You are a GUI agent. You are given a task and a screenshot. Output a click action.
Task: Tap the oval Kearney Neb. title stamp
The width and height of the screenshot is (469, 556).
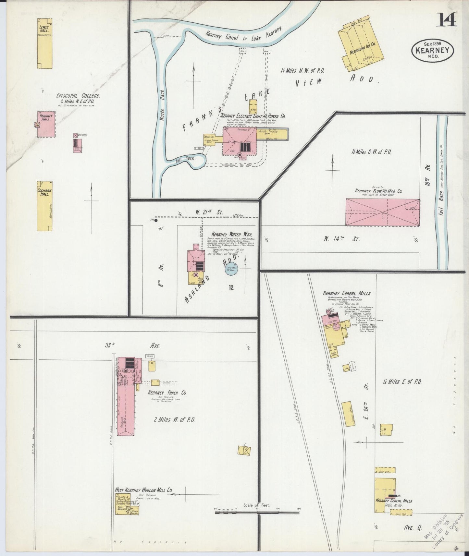(433, 50)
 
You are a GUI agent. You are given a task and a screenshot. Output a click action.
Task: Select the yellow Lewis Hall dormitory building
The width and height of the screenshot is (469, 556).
(44, 43)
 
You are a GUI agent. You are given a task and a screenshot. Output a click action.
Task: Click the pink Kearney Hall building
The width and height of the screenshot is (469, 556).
(46, 125)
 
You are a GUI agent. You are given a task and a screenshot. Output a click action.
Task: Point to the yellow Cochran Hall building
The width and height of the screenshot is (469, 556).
(44, 206)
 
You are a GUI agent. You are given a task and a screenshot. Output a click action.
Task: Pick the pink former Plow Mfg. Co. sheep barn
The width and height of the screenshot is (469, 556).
(382, 212)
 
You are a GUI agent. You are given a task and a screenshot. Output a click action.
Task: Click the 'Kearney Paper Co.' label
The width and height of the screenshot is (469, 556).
(167, 393)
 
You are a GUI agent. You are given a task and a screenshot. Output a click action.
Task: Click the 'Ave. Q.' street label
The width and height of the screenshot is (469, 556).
(413, 528)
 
